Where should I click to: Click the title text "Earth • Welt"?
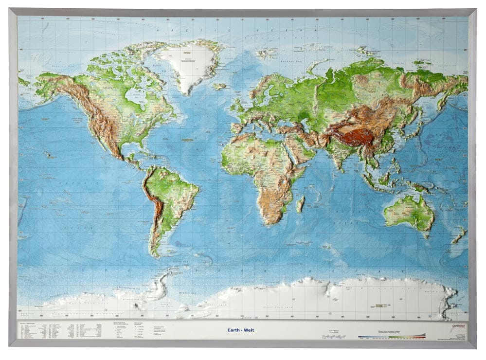241,330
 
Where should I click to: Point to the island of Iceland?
220,86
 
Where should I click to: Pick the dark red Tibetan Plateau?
358,137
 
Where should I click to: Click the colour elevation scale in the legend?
392,335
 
